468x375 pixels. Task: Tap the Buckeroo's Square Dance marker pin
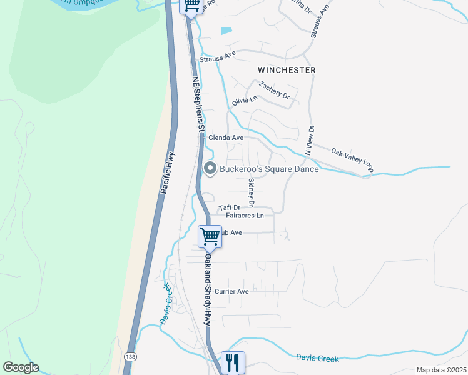210,168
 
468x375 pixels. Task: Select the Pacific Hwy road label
167,172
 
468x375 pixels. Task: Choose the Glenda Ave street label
225,137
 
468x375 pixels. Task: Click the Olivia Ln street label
245,100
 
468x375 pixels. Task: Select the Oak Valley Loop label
352,160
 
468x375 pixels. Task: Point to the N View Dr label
309,140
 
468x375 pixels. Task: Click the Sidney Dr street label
252,192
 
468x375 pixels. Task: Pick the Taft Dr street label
229,207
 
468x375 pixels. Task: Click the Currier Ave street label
231,291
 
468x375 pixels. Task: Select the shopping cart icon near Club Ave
210,236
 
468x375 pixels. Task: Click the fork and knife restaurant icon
233,361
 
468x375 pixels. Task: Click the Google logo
21,367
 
